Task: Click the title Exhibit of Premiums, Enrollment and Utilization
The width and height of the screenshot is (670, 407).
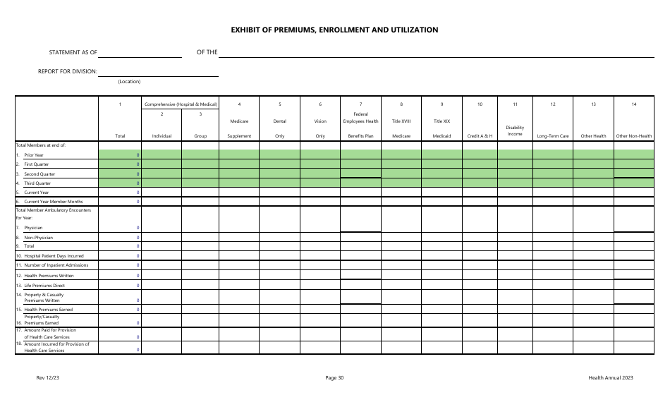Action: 334,30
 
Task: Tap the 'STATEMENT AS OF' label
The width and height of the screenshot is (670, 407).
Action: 73,53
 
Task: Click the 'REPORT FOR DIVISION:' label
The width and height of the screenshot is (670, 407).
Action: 68,71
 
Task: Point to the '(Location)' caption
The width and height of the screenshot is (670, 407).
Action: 129,82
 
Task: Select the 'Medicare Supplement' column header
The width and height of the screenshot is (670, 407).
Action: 239,128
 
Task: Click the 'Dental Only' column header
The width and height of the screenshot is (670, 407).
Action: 279,128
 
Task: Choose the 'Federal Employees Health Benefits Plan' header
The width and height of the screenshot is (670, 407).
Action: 360,124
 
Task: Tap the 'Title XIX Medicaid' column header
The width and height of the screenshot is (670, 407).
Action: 441,128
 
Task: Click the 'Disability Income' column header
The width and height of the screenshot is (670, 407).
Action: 515,130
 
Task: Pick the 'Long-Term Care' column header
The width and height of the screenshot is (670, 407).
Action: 553,135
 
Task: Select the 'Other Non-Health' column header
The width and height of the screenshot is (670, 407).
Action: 634,135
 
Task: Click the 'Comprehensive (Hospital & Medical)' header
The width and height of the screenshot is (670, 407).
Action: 181,104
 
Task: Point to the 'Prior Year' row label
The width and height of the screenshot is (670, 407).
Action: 34,154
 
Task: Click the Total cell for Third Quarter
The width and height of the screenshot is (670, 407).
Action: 120,183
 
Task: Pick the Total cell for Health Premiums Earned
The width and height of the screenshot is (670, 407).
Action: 120,309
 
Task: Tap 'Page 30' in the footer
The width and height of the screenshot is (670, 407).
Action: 335,378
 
